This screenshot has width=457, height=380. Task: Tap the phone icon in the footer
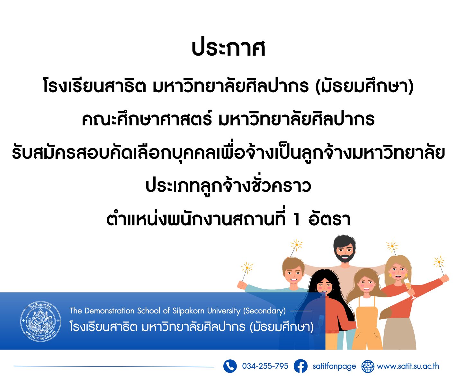(230, 366)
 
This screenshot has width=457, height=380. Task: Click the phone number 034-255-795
(265, 366)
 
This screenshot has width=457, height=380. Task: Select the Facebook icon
(300, 366)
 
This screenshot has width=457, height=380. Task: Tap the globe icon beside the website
(368, 366)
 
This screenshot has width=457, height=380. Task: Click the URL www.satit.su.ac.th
(408, 366)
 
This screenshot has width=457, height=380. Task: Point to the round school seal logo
(41, 321)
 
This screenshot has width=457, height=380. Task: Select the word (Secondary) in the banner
(264, 311)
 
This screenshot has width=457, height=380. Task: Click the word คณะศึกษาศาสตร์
(147, 119)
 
